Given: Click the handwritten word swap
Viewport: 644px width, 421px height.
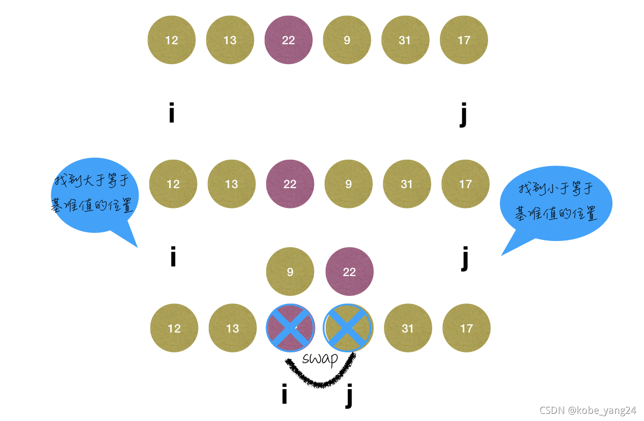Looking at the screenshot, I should (x=320, y=358).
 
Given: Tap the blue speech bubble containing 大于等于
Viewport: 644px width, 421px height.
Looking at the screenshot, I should (x=93, y=196).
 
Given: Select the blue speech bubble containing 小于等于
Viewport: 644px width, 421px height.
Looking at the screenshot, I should (x=556, y=203).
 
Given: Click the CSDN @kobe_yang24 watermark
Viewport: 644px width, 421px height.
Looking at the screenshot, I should (x=588, y=410).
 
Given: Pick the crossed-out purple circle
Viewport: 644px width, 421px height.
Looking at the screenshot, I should (x=291, y=328).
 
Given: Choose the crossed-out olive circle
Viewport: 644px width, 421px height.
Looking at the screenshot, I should (x=348, y=328).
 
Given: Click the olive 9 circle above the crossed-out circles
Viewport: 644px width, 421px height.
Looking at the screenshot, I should (x=290, y=272).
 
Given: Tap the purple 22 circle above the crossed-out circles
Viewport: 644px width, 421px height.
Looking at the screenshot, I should (x=349, y=272).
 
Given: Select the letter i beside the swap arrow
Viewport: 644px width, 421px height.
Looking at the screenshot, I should (x=284, y=395).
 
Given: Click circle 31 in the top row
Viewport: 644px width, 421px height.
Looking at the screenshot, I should (x=405, y=40).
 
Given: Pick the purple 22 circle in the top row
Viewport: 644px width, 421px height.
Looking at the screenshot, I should (x=288, y=40).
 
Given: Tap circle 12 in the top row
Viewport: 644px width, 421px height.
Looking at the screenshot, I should (x=172, y=40).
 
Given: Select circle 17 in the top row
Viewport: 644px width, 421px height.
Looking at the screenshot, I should (x=464, y=40).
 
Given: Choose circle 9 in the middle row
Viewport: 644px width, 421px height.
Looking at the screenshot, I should (x=348, y=184).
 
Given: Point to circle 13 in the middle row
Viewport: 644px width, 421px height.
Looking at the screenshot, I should (x=232, y=184).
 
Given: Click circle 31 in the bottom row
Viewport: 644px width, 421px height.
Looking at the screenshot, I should (x=408, y=328).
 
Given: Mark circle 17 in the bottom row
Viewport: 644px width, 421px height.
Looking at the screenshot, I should (x=466, y=328).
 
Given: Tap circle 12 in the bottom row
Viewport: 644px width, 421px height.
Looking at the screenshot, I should (x=174, y=328).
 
